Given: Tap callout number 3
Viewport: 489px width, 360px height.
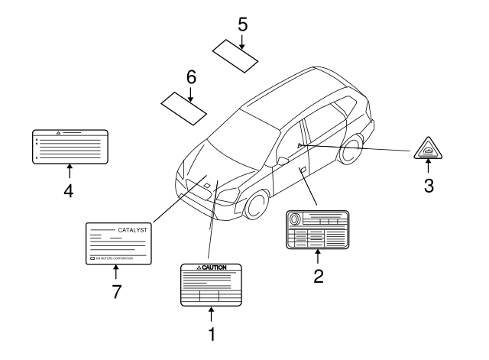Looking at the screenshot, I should point(429,184).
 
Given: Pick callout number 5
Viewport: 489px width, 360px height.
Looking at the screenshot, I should point(242,24).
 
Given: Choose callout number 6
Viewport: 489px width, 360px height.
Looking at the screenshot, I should point(191,76).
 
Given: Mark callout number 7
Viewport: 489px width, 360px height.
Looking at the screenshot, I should point(116,291).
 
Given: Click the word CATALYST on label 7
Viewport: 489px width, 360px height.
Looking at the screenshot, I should point(132,229).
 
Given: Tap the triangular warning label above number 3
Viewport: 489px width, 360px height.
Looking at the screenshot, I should point(429,149).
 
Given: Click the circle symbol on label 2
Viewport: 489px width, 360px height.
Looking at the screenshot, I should point(295,219).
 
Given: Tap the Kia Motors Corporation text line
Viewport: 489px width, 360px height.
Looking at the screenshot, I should point(115,258).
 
